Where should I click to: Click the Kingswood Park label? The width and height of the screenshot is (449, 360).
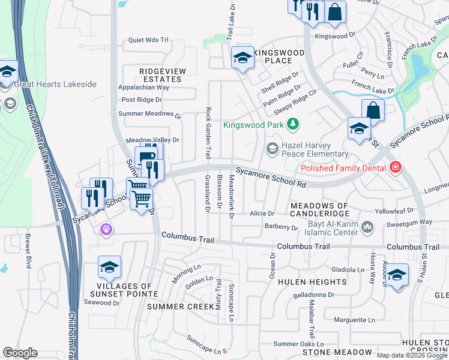253,125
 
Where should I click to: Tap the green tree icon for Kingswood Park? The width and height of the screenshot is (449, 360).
292,125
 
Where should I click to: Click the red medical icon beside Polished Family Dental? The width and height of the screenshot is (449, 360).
396,167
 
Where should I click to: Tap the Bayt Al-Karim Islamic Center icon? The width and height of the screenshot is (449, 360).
368,227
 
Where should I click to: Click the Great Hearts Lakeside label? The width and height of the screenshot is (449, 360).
56,84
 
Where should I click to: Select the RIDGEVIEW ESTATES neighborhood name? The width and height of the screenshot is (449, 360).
160,75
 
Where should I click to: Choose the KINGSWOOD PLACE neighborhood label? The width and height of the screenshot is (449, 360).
278,57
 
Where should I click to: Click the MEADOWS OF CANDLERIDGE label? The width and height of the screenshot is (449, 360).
319,210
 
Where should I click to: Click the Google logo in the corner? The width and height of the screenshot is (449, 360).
20,353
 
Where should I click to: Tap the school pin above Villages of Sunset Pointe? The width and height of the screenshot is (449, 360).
110,268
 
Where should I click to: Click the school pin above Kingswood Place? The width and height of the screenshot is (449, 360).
243,58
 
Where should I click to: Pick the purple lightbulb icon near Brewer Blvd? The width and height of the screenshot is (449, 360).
106,229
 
